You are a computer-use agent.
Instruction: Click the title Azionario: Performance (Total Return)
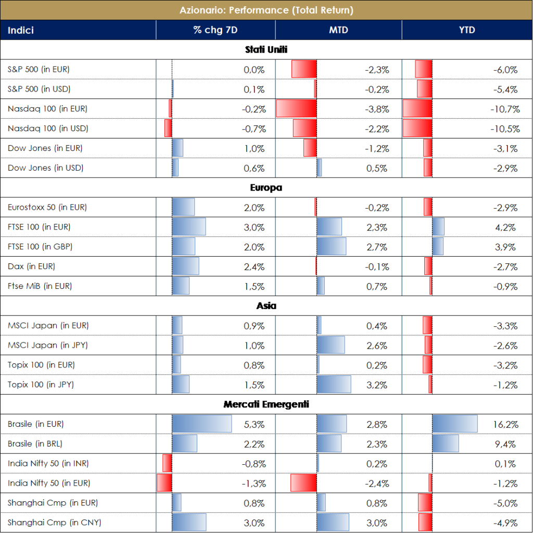[x=266, y=10]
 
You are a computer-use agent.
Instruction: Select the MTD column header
[x=338, y=30]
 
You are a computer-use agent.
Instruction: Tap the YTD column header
[x=467, y=30]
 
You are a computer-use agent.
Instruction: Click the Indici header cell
[x=21, y=30]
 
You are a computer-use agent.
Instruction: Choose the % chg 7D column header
[x=215, y=30]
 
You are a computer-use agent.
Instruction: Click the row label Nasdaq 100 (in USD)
[x=48, y=129]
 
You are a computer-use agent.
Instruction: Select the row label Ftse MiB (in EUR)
[x=40, y=286]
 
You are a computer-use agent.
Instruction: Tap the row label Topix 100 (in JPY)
[x=41, y=385]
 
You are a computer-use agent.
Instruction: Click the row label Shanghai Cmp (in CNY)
[x=47, y=523]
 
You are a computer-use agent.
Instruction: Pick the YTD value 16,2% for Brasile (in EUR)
[x=505, y=424]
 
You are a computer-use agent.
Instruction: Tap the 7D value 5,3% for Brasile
[x=254, y=424]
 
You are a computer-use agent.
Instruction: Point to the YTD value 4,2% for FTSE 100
[x=506, y=227]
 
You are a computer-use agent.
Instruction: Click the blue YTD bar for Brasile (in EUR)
[x=454, y=424]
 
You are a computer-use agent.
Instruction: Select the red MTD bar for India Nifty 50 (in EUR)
[x=303, y=483]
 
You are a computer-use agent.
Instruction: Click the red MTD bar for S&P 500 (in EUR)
[x=304, y=69]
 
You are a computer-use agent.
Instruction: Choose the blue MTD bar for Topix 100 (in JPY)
[x=334, y=385]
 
